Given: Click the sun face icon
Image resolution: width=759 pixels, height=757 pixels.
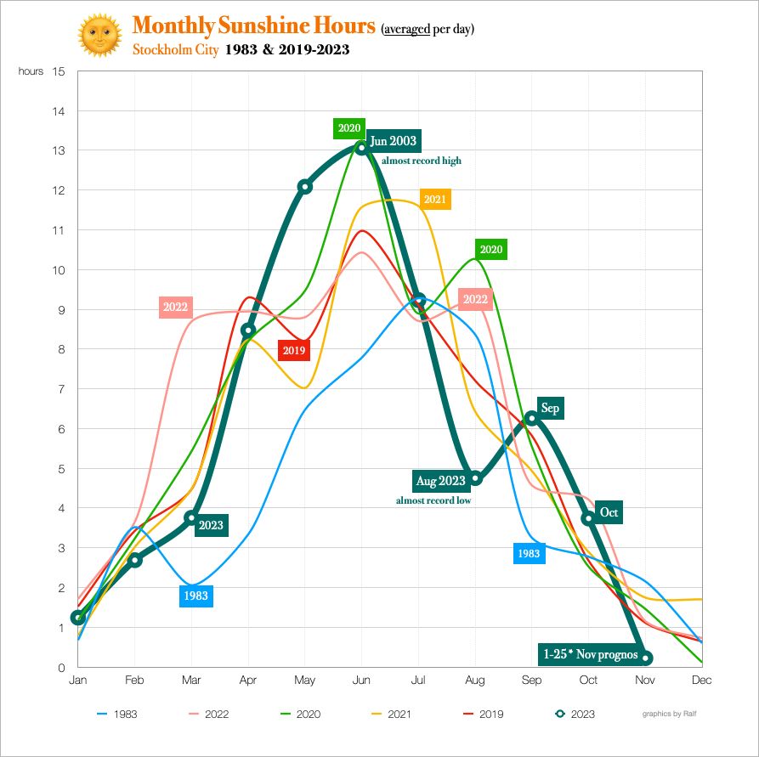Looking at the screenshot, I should coord(100,37).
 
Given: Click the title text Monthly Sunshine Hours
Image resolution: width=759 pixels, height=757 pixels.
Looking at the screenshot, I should coord(254,26).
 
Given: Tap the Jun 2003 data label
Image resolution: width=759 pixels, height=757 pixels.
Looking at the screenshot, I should coord(393,140).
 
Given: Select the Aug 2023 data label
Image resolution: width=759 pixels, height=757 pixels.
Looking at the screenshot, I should coord(440,481).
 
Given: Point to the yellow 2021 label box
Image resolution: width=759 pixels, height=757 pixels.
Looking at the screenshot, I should coord(434,200).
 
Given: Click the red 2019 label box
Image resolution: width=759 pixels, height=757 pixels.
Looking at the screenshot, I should coord(294,349).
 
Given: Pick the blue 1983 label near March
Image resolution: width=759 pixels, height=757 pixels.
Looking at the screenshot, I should coord(195,596).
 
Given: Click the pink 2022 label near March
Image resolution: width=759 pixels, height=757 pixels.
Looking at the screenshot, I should coord(175,307).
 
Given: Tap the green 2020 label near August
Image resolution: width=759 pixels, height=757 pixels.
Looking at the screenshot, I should coord(491,250).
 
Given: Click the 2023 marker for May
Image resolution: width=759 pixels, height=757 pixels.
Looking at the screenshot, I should coord(305,187).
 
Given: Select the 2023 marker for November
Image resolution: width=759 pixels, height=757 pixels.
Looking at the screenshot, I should coord(646,658).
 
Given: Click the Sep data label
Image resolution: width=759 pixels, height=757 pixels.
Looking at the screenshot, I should coord(550,409).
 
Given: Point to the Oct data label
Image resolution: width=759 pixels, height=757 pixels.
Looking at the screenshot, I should coord(609,512).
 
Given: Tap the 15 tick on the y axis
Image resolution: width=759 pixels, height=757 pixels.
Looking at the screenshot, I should coord(59,71).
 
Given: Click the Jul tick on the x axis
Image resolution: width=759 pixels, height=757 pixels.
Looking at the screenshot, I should coord(418,680).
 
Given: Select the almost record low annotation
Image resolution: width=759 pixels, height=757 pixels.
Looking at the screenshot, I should coord(433,500).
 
